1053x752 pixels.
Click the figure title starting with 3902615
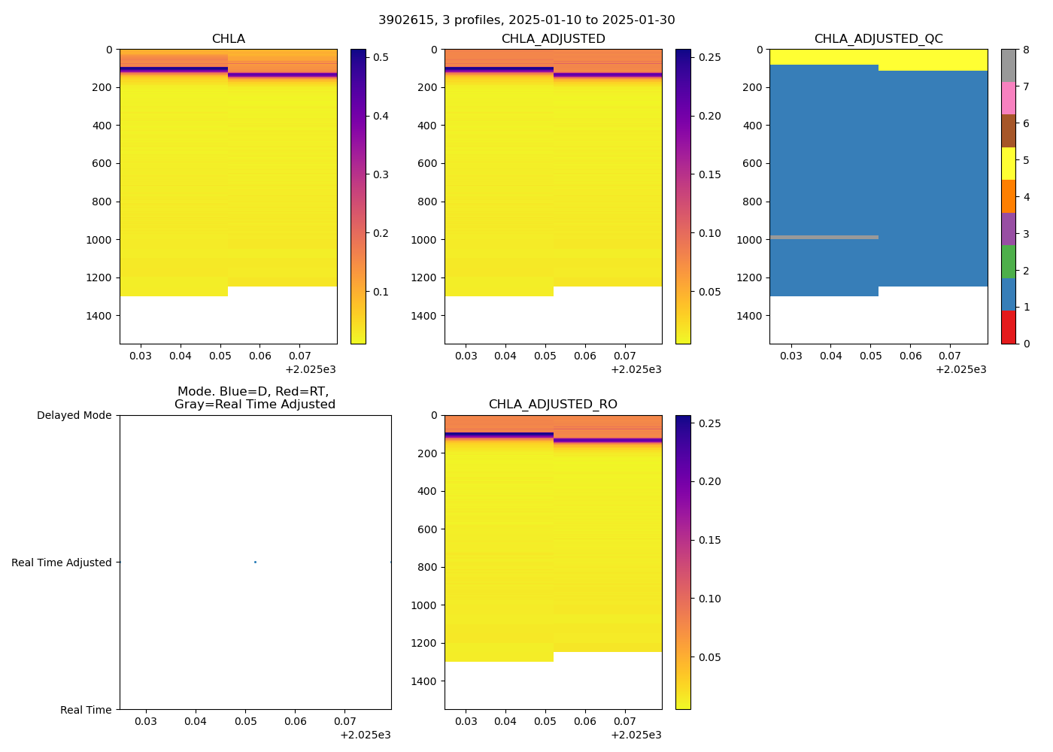526,20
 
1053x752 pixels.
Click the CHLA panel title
228,39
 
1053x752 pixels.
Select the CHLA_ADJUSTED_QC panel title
878,39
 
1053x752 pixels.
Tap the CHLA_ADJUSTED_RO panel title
553,405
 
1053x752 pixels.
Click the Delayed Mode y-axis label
74,415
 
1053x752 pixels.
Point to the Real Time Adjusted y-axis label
62,562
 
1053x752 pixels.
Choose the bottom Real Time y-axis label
86,710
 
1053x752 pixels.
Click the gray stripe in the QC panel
824,238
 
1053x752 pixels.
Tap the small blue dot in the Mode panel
255,562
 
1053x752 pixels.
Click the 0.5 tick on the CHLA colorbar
381,57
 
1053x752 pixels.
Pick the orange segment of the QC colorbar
1008,196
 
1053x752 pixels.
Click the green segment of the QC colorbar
1008,262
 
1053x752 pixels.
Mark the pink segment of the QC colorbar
1008,99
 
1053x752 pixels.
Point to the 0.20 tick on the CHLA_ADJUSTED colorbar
709,116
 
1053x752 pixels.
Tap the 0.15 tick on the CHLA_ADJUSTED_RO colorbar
709,540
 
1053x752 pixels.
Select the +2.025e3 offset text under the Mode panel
365,735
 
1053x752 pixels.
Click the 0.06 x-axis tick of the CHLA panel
259,356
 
